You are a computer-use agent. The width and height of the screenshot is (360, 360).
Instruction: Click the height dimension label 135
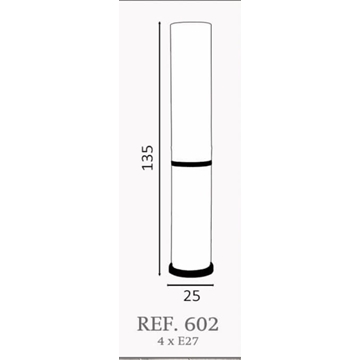coord(148,158)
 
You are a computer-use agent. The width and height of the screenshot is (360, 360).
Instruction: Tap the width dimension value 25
coord(192,296)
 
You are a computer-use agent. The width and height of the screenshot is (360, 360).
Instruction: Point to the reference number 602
coord(202,324)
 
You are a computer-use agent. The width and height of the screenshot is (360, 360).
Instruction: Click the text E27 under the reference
coord(185,341)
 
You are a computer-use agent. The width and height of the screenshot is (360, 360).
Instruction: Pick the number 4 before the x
coord(161,341)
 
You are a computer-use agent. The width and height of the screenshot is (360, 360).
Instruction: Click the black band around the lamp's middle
coord(191,163)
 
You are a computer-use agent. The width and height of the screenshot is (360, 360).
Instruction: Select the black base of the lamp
coord(191,270)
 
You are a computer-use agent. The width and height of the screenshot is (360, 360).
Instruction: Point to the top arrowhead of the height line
coord(160,23)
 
